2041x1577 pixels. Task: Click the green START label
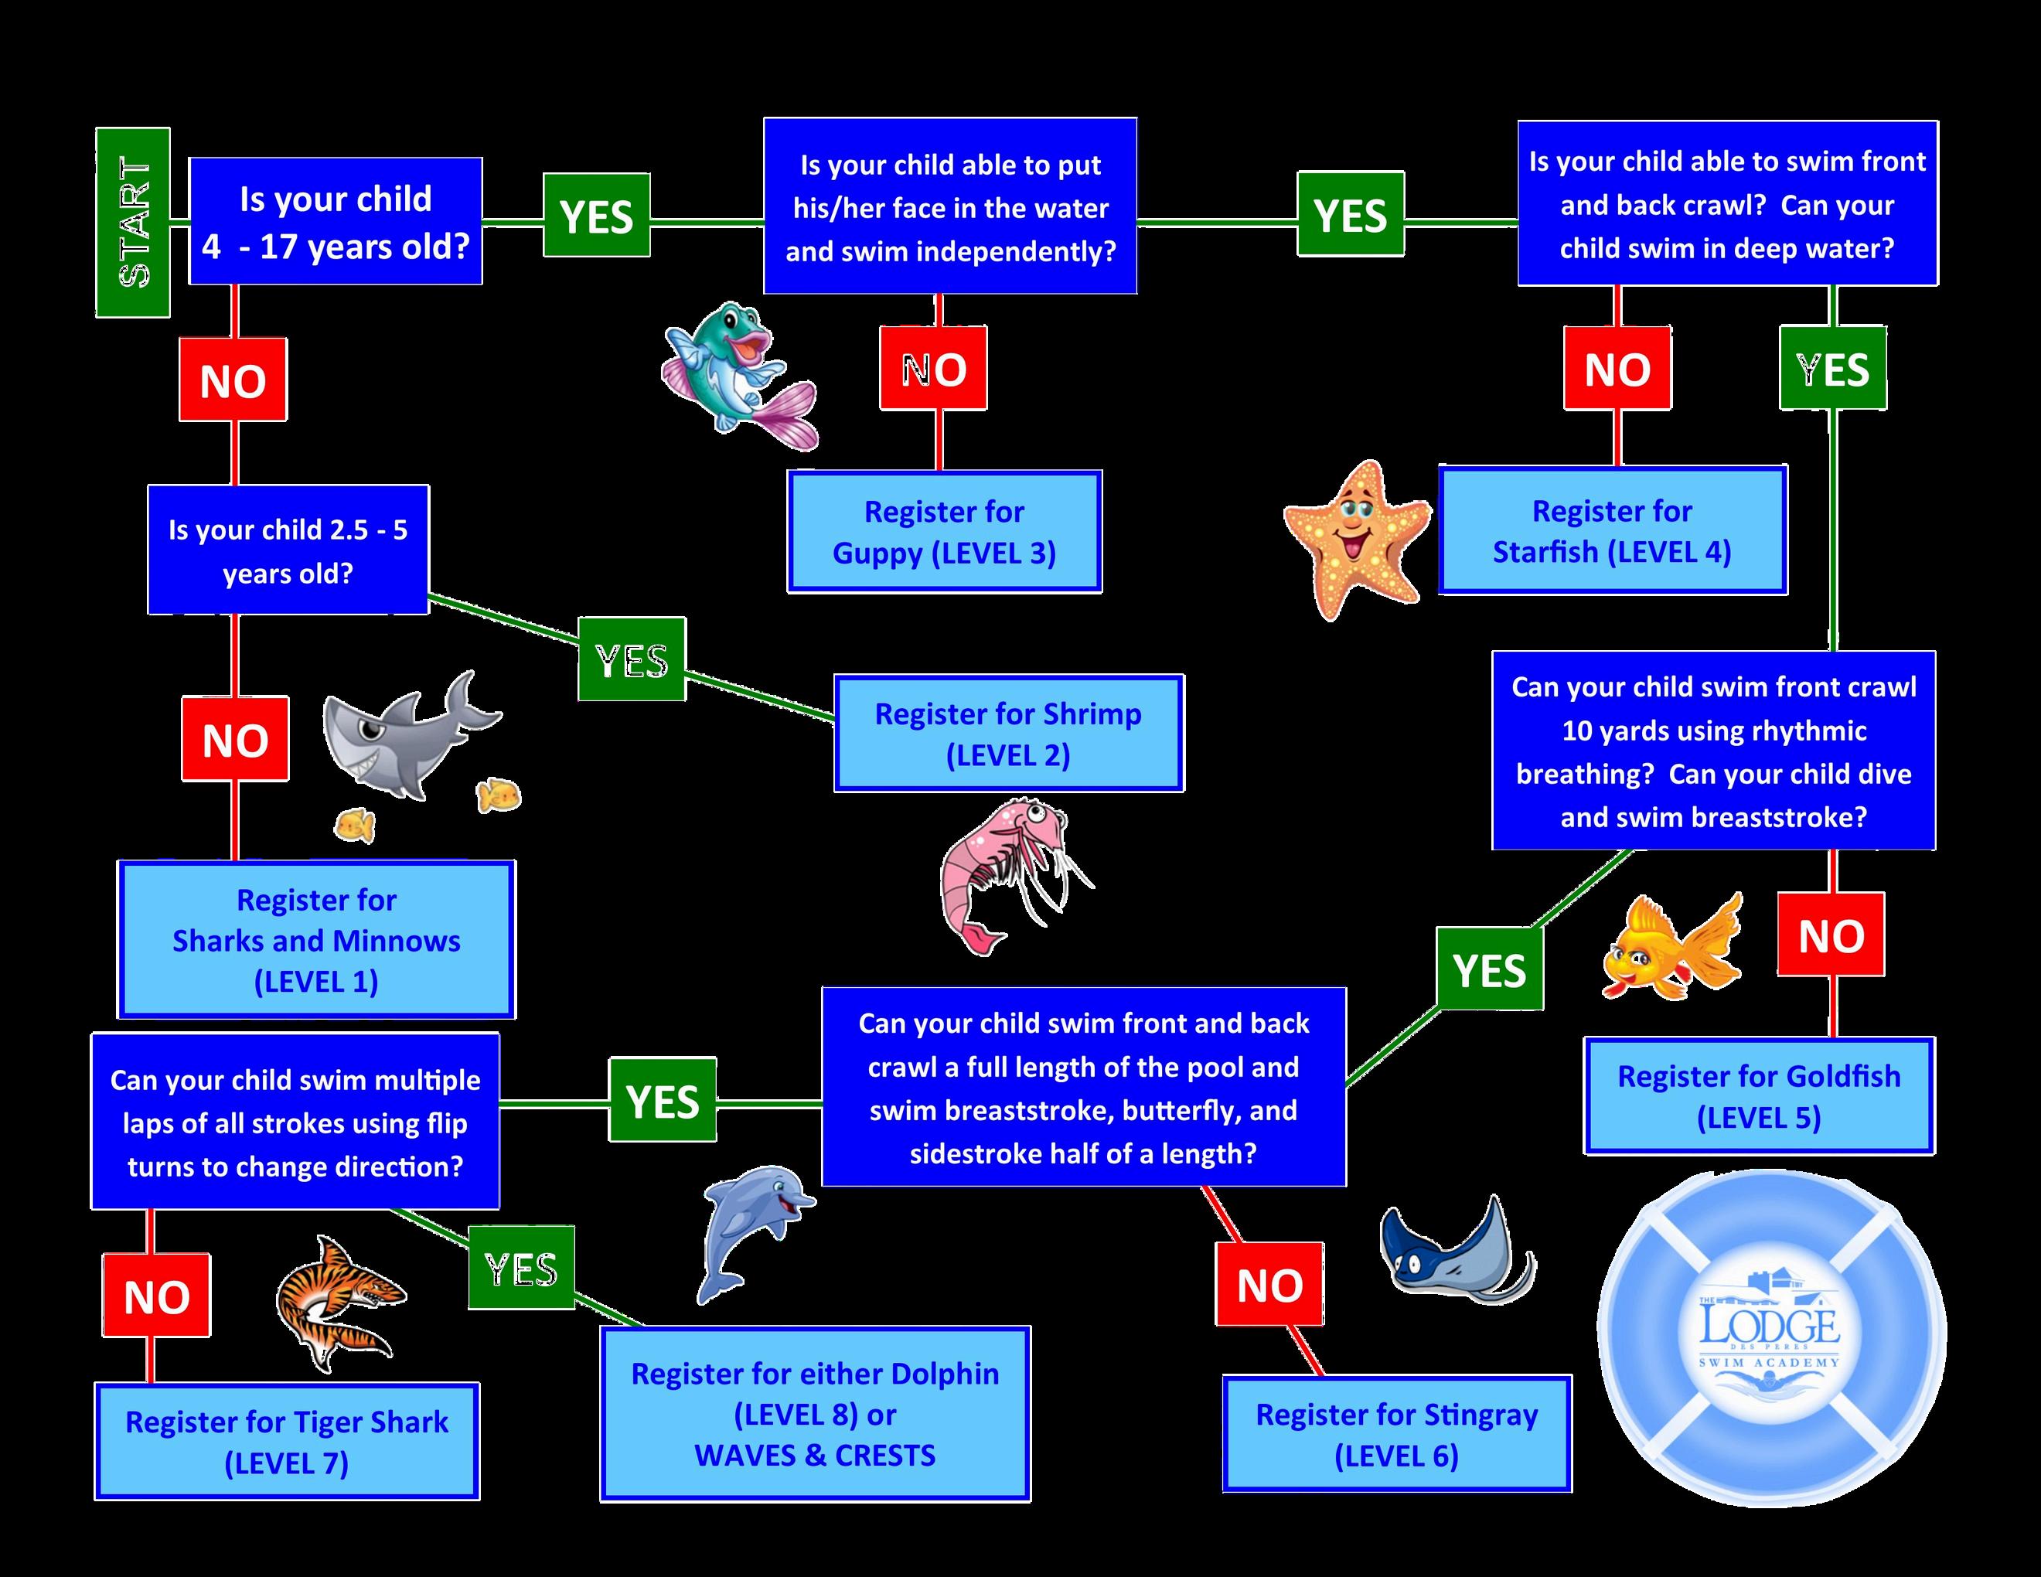pos(134,223)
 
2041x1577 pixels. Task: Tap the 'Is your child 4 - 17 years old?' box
pos(336,221)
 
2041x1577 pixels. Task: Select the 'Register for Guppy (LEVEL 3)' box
pos(945,532)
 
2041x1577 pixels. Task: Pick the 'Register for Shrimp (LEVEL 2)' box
pos(1008,734)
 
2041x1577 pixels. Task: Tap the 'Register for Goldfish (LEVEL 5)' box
pos(1759,1096)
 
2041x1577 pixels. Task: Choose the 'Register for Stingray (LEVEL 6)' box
pos(1396,1434)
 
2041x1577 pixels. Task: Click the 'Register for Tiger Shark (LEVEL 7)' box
pos(287,1442)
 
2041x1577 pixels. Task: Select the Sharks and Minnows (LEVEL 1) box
pos(316,940)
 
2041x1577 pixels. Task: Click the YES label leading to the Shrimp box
pos(632,659)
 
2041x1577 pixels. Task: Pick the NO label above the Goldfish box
pos(1831,935)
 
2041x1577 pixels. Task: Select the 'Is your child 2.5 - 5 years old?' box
pos(288,550)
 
